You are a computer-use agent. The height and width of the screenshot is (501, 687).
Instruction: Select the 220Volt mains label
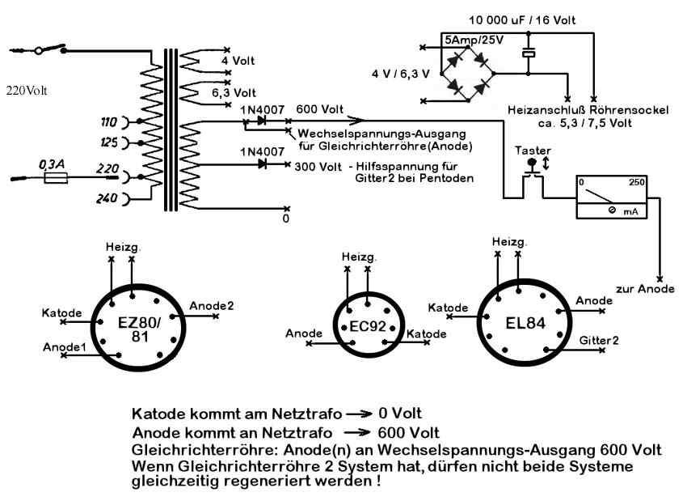pos(27,90)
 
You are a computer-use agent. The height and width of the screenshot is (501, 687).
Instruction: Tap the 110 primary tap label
pos(107,122)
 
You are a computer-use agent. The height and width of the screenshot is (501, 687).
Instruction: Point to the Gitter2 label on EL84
pos(599,341)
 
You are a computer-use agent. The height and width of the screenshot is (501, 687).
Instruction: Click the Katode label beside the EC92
pos(426,333)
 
